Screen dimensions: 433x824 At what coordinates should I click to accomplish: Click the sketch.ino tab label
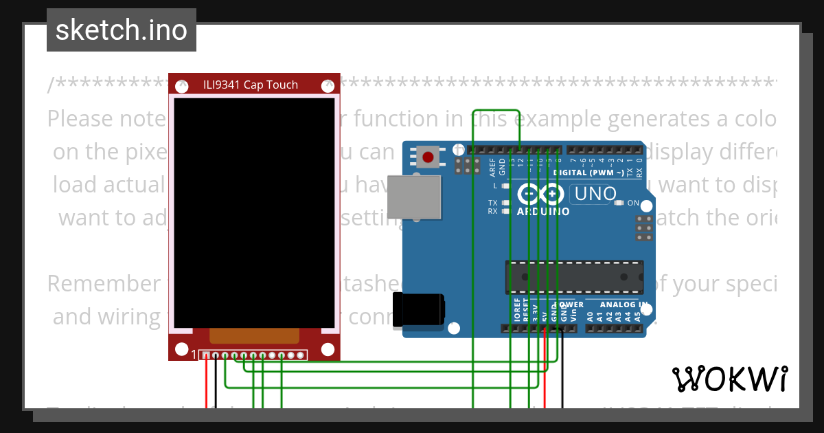122,30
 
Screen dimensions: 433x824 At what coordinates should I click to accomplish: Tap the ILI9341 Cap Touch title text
251,85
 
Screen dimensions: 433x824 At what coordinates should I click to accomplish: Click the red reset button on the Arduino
428,157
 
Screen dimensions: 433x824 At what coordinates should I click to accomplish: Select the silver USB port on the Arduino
414,197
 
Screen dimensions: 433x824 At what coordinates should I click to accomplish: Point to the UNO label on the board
595,195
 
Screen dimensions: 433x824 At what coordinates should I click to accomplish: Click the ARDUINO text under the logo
543,212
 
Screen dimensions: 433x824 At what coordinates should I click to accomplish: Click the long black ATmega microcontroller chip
575,276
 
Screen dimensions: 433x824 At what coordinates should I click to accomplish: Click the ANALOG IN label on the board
623,304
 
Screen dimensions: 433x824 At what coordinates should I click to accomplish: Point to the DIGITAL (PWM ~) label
588,173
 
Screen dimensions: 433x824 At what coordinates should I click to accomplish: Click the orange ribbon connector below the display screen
255,335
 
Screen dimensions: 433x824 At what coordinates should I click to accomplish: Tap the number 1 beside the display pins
194,355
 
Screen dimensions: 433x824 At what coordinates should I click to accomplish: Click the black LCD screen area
254,213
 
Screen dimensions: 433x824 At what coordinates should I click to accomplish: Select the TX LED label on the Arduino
493,203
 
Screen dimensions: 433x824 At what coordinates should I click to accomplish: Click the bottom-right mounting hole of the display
328,348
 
